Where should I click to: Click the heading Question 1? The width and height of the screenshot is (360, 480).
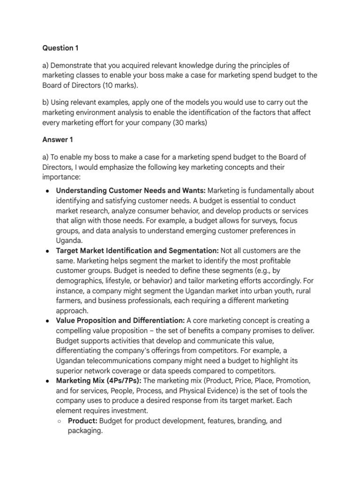point(58,48)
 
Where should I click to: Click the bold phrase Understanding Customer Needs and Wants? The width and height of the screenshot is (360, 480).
point(130,190)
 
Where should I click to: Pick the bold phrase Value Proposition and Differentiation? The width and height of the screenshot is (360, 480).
point(120,321)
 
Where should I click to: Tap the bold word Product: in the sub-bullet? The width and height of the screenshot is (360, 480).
point(82,421)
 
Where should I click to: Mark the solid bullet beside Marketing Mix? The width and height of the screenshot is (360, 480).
point(48,381)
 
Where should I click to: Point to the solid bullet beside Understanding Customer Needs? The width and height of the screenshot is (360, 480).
point(48,190)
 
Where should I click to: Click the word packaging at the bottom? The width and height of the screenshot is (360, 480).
point(85,431)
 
